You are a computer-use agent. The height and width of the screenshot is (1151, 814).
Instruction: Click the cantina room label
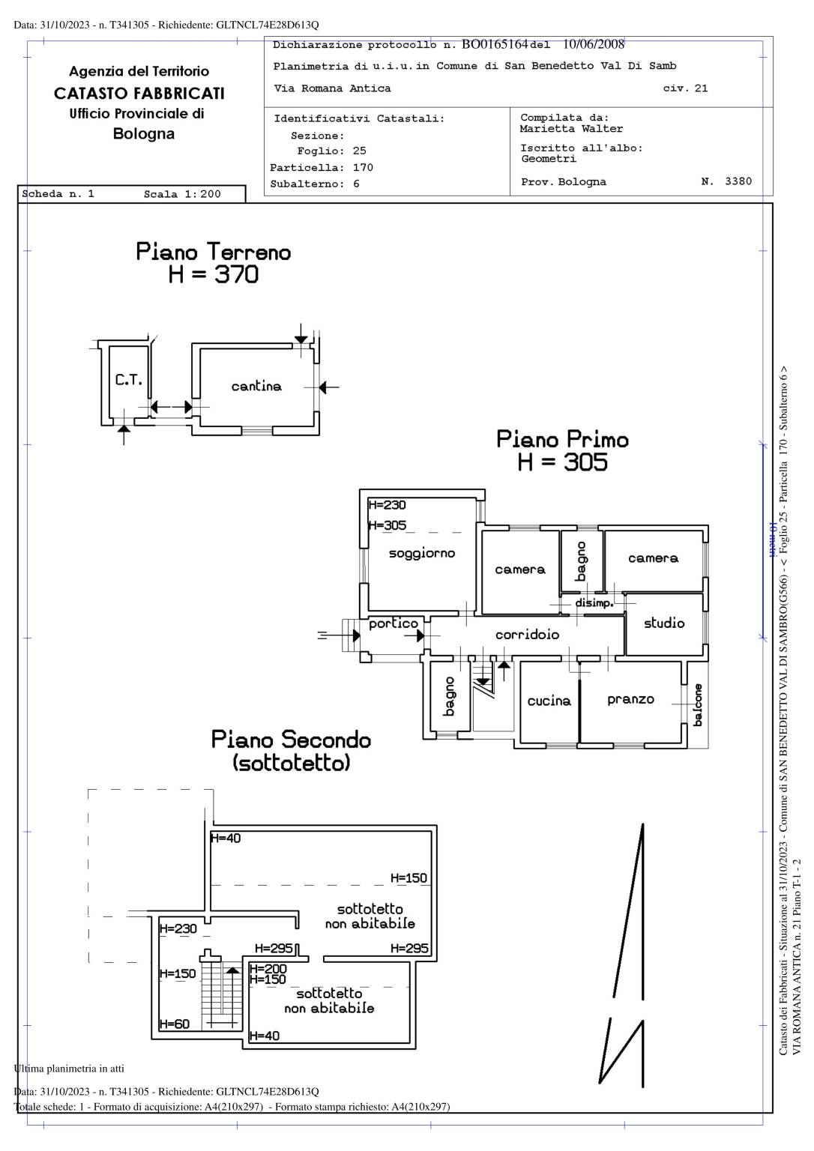click(x=256, y=386)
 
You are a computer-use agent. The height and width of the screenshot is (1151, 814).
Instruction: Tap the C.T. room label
click(x=128, y=380)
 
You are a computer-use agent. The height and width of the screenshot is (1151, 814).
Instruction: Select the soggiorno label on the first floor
click(x=421, y=554)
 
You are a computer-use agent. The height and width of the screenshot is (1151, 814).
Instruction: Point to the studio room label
click(x=664, y=623)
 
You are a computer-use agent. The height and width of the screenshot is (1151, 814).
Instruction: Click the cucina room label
click(x=549, y=701)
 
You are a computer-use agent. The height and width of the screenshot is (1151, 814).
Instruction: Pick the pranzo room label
click(x=630, y=700)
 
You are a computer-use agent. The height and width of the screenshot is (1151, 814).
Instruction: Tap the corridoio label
click(x=527, y=635)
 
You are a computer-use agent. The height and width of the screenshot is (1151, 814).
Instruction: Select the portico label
click(x=393, y=623)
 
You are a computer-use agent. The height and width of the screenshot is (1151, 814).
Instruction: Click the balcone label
click(x=698, y=704)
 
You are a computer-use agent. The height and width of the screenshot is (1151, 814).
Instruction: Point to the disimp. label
click(x=594, y=603)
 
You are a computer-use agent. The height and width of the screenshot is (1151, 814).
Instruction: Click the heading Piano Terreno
click(x=214, y=252)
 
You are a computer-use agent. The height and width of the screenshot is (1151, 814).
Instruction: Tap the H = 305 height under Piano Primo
click(x=562, y=462)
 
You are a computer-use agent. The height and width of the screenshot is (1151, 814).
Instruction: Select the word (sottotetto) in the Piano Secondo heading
click(x=291, y=763)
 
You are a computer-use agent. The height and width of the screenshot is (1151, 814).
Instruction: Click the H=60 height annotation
click(x=174, y=1024)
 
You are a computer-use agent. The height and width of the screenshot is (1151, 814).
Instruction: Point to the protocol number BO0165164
click(x=495, y=44)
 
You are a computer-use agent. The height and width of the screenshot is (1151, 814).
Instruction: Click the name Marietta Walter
click(x=571, y=129)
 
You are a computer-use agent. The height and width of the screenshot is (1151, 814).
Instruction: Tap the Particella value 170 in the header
click(x=363, y=168)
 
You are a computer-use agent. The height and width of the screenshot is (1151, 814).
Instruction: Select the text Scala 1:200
click(x=182, y=194)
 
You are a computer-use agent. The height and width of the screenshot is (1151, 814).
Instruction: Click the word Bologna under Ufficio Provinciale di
click(x=144, y=134)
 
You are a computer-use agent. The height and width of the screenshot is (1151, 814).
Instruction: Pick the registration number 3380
click(x=738, y=181)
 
